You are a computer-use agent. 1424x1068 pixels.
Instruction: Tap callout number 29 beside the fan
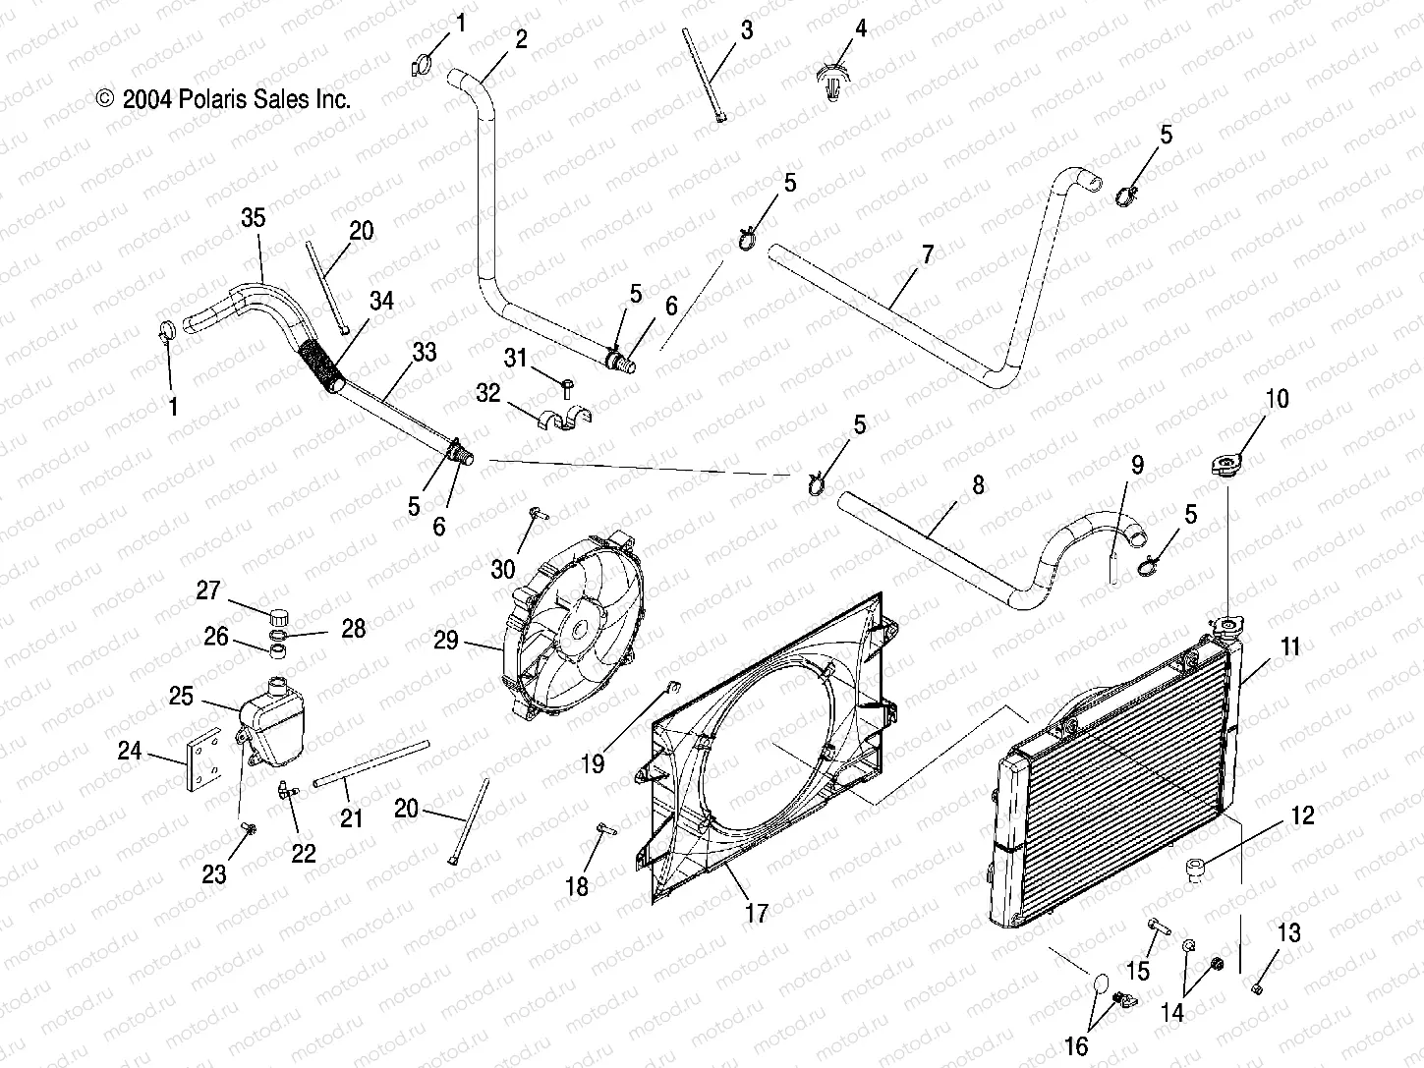(446, 640)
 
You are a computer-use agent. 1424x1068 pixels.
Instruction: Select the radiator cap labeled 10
(1225, 466)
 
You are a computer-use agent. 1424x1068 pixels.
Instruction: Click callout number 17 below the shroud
(755, 913)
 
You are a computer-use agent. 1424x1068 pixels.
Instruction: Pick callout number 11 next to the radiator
(1289, 646)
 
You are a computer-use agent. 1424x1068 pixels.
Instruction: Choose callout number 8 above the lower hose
(977, 485)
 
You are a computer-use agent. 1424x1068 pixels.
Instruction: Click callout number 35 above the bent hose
(253, 217)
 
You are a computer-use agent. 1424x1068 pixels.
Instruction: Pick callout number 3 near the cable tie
(747, 29)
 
